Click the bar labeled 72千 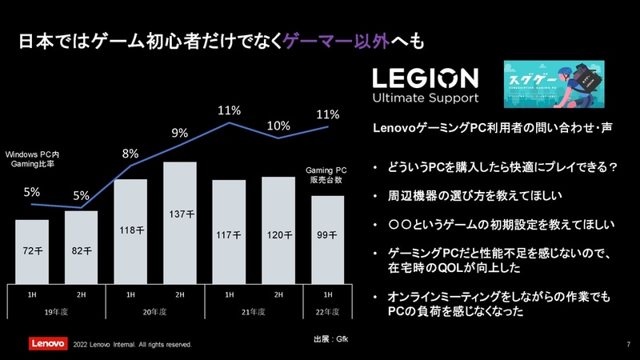coord(32,251)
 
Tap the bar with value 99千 coord(327,239)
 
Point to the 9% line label coord(179,132)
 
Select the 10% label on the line coord(278,126)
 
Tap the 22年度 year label coord(327,312)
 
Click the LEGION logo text coord(426,78)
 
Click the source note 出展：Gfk coord(331,339)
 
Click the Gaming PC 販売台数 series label coord(327,175)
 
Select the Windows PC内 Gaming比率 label coord(34,157)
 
